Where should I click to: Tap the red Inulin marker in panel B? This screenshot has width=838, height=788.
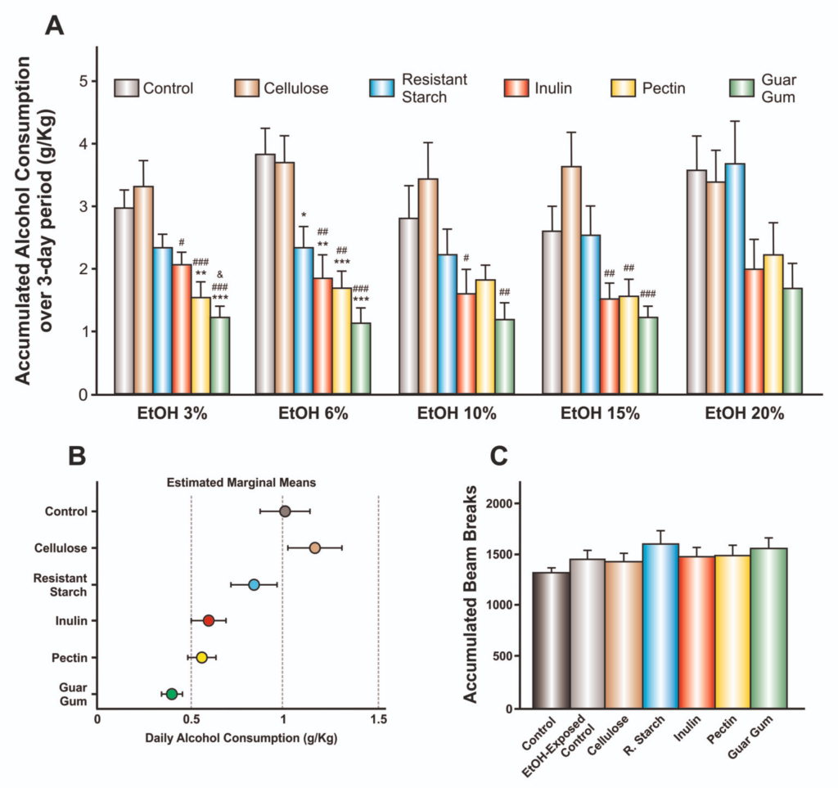point(209,621)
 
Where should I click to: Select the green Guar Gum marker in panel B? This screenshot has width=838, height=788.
point(172,694)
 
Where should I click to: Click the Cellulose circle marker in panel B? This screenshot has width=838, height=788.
point(315,547)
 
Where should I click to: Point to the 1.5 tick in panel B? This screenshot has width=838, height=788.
point(378,720)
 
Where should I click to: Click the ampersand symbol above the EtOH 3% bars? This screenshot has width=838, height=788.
point(220,274)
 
